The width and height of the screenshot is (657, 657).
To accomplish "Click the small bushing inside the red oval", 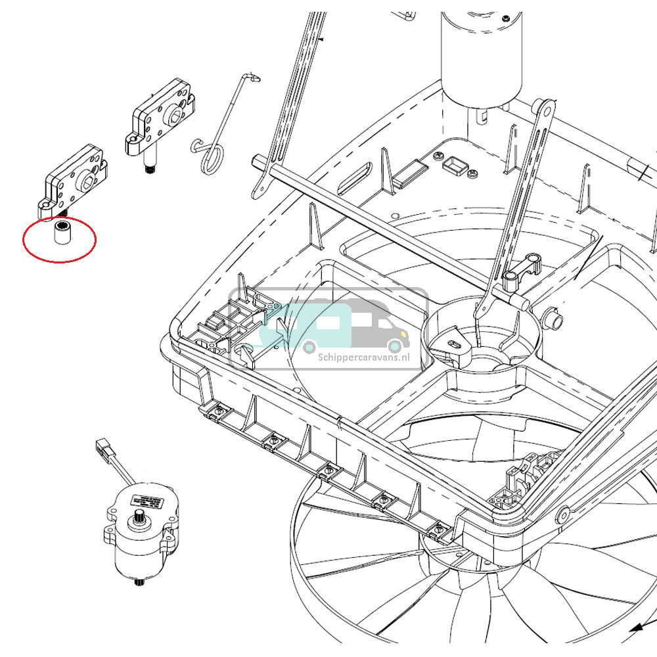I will [62, 235].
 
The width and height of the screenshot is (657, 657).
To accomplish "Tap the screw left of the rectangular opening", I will [437, 156].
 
